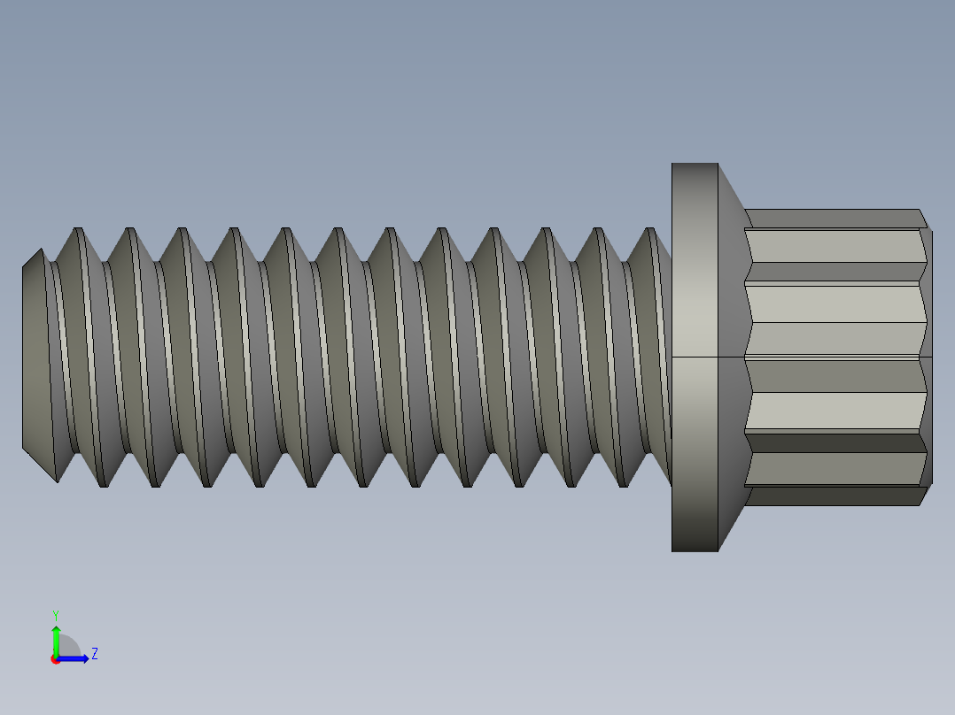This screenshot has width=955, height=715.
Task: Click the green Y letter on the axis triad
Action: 55,614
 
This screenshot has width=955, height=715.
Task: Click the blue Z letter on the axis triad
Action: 94,654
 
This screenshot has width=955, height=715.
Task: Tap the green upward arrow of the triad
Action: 55,637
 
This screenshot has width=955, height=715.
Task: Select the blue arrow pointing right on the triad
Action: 76,658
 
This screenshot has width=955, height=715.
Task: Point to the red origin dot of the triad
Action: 55,659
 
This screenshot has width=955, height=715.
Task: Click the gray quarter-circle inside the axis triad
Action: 68,648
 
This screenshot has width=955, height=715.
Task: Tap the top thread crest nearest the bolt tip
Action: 78,230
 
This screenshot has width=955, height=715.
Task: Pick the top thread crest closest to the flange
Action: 651,231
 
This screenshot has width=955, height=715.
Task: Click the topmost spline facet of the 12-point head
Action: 833,219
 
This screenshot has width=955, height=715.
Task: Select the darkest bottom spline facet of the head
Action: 833,496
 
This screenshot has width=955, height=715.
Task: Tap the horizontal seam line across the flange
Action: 695,357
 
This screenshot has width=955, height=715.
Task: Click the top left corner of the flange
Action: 672,165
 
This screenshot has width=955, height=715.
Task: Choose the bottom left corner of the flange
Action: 672,550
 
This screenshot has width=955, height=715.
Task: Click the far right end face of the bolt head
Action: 928,354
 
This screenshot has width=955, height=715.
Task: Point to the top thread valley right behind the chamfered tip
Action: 52,262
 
